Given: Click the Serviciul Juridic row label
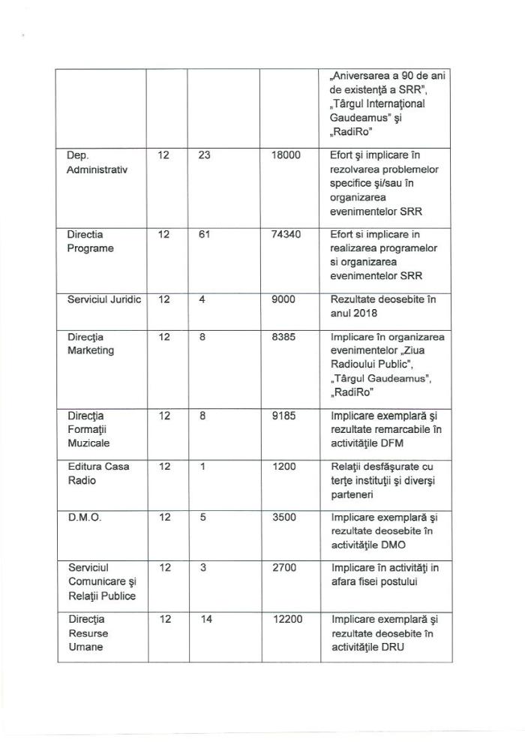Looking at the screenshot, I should pyautogui.click(x=99, y=299).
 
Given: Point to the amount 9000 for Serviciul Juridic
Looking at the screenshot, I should pyautogui.click(x=283, y=299).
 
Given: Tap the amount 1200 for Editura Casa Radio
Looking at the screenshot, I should pyautogui.click(x=283, y=466).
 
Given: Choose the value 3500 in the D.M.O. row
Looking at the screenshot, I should pyautogui.click(x=283, y=517).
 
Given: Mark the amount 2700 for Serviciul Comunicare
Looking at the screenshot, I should pyautogui.click(x=283, y=568).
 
